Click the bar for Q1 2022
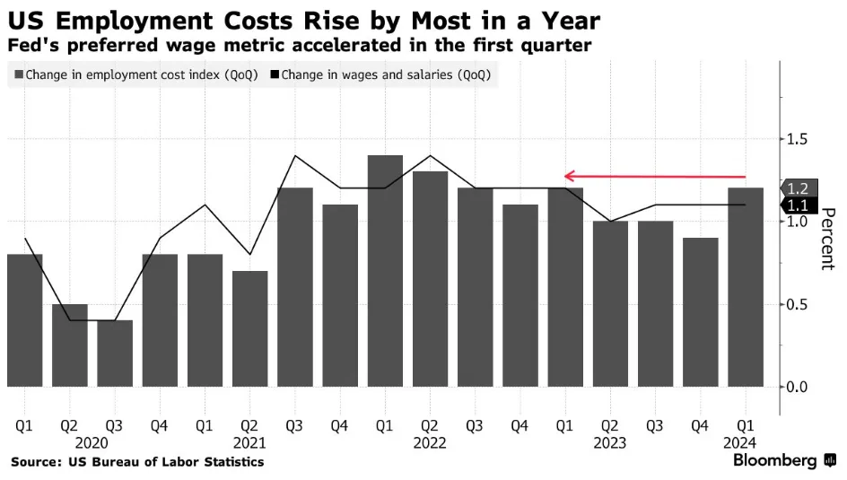coord(385,271)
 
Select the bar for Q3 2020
coord(115,353)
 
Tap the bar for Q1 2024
coord(746,287)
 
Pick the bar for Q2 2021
coord(249,328)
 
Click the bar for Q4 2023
coord(701,312)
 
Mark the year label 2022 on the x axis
coord(430,441)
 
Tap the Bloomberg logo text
coord(775,460)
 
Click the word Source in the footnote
coord(34,461)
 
